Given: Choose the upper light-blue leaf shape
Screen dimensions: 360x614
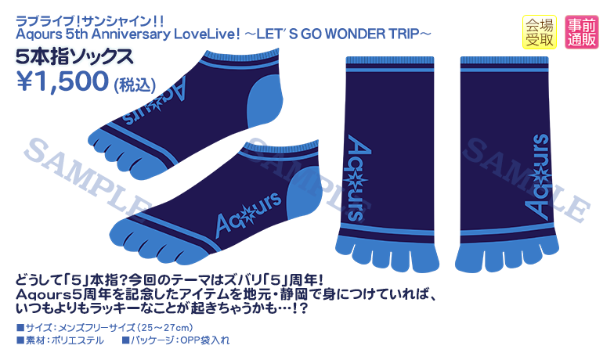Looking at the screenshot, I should coord(260,107).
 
